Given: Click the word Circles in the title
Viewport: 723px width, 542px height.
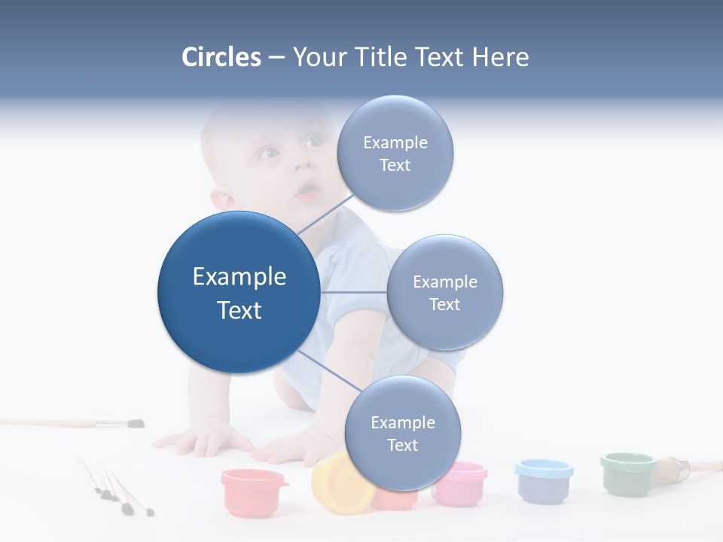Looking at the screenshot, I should tap(221, 57).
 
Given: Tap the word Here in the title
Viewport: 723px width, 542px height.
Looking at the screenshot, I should tap(500, 57).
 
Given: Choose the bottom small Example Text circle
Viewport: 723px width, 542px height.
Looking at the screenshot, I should tap(402, 434).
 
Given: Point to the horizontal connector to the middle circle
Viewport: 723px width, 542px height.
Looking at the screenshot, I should tap(353, 292).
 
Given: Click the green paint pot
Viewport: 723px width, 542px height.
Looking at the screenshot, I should tap(627, 473).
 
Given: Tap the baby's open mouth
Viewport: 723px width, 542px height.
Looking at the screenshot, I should tap(307, 190).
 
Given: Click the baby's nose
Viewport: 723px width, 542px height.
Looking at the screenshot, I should tap(300, 163).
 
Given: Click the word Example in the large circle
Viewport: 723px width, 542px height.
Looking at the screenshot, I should tap(239, 277).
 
